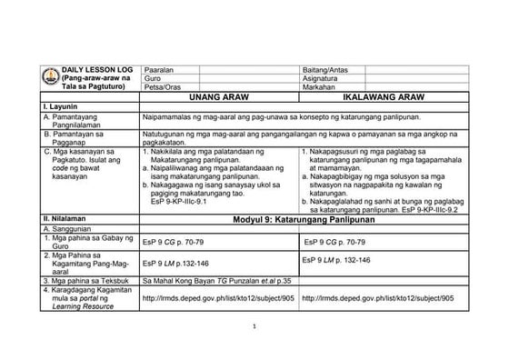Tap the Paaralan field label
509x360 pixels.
point(160,69)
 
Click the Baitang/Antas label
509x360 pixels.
point(326,69)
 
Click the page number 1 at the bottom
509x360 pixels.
point(255,325)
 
